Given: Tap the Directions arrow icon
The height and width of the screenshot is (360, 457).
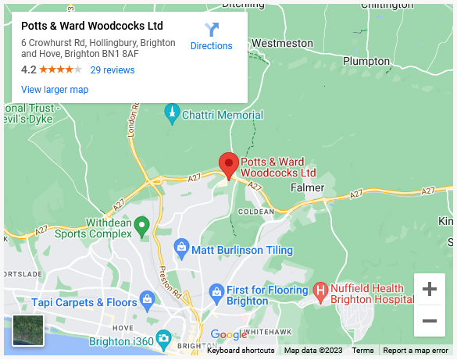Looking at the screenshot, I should [x=212, y=30].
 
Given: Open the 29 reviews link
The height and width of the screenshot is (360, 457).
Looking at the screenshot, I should [x=112, y=70].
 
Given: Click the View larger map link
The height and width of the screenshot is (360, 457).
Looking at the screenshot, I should [x=55, y=90].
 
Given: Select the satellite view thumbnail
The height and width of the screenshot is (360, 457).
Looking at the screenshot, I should [x=29, y=330].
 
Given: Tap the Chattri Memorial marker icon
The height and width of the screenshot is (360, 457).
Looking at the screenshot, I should [x=172, y=115].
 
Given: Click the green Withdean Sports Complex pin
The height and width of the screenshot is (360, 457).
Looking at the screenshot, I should [x=141, y=226].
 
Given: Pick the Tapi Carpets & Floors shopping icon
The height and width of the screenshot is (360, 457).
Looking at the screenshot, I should [x=146, y=301].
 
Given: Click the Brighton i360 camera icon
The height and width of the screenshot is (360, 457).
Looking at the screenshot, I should [x=163, y=338].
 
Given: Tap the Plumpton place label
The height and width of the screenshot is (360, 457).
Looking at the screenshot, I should [x=366, y=61].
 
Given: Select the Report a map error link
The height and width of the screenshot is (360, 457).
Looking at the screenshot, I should [x=416, y=351].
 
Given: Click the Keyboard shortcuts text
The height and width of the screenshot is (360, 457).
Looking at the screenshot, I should [x=241, y=351].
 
